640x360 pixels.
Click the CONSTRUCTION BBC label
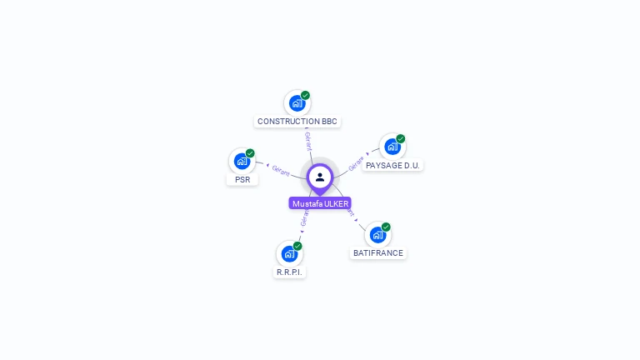pyautogui.click(x=297, y=121)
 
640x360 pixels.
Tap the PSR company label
pyautogui.click(x=242, y=179)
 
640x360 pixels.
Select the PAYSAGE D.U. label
pyautogui.click(x=392, y=165)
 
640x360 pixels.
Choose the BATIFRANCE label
pyautogui.click(x=377, y=252)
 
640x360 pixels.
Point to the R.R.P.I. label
pyautogui.click(x=289, y=272)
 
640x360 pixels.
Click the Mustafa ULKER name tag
pyautogui.click(x=320, y=203)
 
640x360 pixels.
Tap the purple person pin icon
pyautogui.click(x=320, y=177)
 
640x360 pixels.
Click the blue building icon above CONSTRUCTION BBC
pyautogui.click(x=296, y=103)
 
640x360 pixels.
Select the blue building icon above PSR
pyautogui.click(x=242, y=161)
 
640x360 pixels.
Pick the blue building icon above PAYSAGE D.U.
pyautogui.click(x=392, y=147)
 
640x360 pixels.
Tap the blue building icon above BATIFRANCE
pyautogui.click(x=377, y=235)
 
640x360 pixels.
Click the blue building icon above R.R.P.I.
pyautogui.click(x=288, y=253)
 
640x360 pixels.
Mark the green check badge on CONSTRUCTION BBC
pyautogui.click(x=306, y=95)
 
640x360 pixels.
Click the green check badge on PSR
pyautogui.click(x=250, y=152)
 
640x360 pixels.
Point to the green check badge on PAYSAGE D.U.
pyautogui.click(x=401, y=138)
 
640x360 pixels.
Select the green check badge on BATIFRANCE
pyautogui.click(x=386, y=227)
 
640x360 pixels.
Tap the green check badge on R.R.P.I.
pyautogui.click(x=297, y=246)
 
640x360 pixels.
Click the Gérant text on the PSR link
pyautogui.click(x=281, y=169)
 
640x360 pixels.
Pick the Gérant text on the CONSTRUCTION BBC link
pyautogui.click(x=307, y=141)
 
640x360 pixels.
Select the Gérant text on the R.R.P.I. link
pyautogui.click(x=304, y=218)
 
